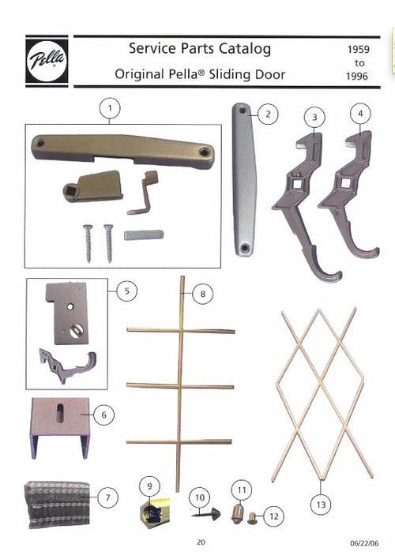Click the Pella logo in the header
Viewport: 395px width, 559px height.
point(47,60)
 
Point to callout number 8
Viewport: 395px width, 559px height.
point(202,294)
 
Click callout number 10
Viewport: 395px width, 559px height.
point(199,498)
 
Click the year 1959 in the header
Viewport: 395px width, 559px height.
point(353,49)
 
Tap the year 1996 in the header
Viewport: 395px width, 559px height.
point(354,77)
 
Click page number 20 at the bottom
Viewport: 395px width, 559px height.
point(201,542)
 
